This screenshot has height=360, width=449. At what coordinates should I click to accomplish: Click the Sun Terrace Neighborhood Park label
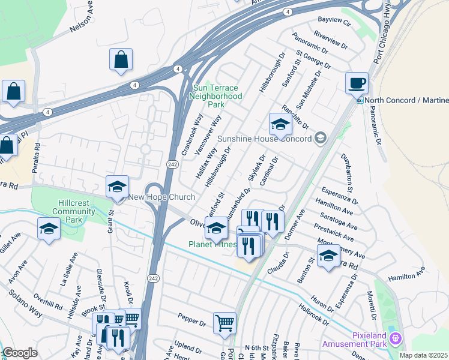(x=217, y=96)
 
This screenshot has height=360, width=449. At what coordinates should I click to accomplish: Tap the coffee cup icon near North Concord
(x=357, y=83)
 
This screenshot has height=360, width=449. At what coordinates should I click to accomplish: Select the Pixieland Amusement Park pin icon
(x=395, y=339)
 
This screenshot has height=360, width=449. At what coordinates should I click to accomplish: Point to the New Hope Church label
(x=161, y=197)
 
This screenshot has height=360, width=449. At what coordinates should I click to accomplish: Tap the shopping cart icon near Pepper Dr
(x=224, y=322)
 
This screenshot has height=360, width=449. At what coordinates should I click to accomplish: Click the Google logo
(x=20, y=353)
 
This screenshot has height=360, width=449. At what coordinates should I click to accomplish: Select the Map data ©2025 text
(x=423, y=355)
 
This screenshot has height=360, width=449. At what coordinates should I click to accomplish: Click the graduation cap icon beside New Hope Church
(x=118, y=187)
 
